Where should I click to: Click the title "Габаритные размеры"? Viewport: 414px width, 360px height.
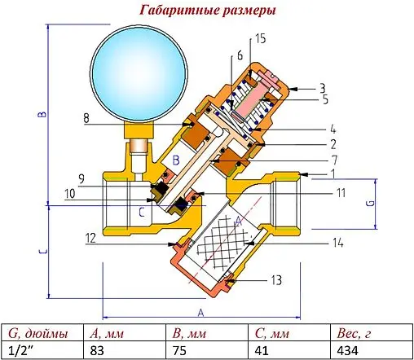pos(206,11)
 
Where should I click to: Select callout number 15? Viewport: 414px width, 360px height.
pos(260,39)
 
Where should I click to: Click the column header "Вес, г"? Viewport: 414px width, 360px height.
pos(355,332)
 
